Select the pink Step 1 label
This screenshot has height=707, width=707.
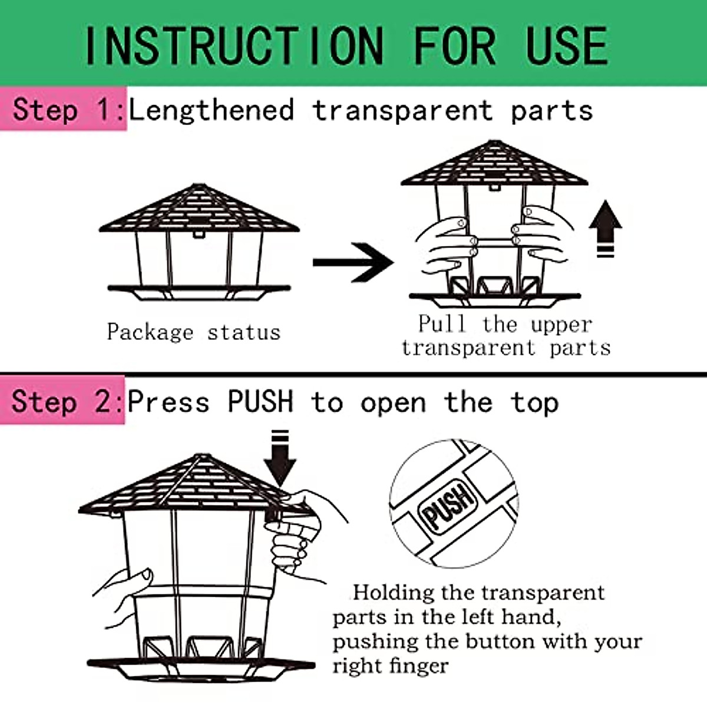click(64, 108)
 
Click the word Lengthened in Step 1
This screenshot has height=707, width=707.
click(212, 110)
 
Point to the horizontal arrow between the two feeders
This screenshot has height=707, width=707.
click(353, 262)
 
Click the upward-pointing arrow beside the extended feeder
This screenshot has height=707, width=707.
click(605, 229)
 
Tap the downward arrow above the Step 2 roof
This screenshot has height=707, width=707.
click(280, 458)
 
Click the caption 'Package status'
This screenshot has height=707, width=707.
click(194, 332)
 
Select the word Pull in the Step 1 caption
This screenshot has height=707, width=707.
click(443, 323)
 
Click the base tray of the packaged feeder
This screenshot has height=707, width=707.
click(199, 293)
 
